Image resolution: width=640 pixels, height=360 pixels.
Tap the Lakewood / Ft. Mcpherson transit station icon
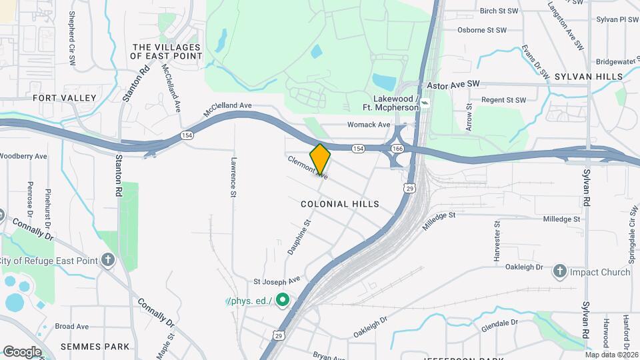(x=425, y=104)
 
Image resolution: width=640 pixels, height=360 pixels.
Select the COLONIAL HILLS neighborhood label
(x=339, y=204)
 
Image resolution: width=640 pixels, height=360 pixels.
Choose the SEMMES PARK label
(x=94, y=347)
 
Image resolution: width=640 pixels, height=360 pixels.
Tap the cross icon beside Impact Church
(x=559, y=271)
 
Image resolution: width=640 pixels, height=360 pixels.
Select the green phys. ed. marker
(x=282, y=301)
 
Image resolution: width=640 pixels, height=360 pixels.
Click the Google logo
(x=22, y=351)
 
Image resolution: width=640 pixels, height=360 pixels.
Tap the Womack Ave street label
(x=369, y=125)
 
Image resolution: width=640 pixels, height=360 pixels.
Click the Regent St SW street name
(x=503, y=100)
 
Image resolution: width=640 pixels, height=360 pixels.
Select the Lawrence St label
(x=234, y=177)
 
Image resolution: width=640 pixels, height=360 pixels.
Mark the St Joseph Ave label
(x=277, y=281)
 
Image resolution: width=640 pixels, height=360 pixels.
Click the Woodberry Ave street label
(x=23, y=156)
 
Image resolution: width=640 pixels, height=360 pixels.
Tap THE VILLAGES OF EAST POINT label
(x=167, y=52)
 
